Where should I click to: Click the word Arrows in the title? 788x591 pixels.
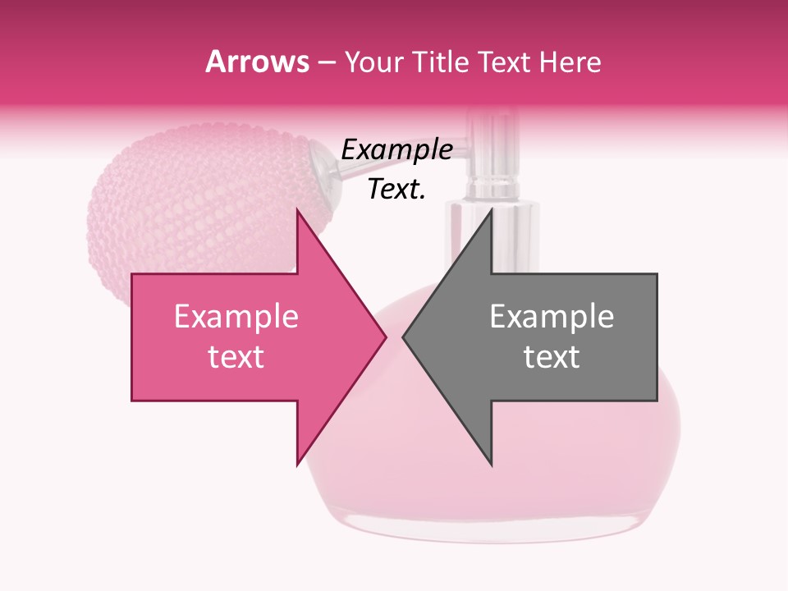tap(257, 62)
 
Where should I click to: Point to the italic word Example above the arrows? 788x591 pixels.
tap(396, 150)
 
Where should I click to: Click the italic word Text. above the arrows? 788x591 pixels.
tap(396, 190)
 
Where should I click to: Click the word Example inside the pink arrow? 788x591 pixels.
tap(236, 317)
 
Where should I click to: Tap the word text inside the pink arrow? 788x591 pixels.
tap(236, 357)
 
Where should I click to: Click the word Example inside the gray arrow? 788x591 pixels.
tap(552, 317)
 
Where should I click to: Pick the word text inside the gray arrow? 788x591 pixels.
tap(552, 357)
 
